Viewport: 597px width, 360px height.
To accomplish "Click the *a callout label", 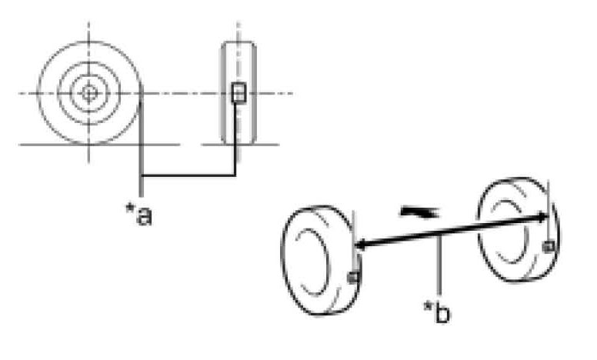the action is pos(139,215).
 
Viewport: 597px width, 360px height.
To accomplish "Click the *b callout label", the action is pos(437,313).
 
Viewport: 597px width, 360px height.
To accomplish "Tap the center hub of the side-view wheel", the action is pos(89,93).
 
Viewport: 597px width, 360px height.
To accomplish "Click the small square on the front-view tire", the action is pos(238,93).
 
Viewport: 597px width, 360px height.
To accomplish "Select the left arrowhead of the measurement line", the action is pos(361,245).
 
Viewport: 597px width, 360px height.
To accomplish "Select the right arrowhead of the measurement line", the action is pos(542,218).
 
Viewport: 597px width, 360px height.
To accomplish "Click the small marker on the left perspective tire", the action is pos(353,277).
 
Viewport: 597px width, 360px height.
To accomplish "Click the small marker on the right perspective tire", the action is pos(549,247).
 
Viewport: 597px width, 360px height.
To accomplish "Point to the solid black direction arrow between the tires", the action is pos(419,212).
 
